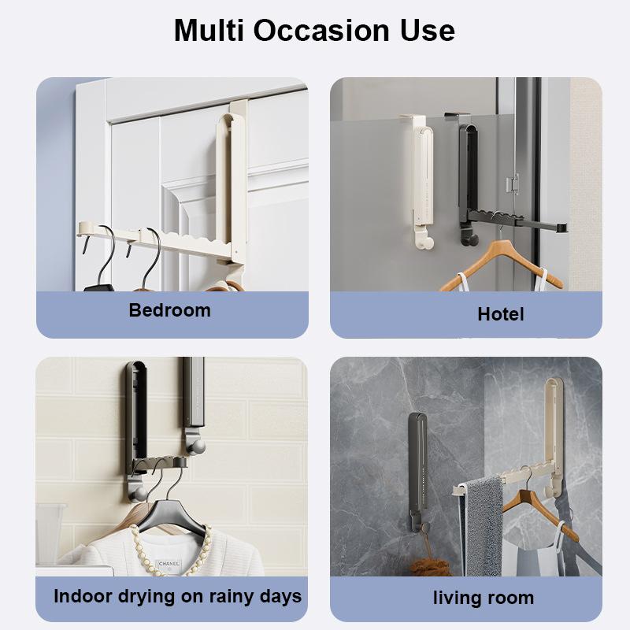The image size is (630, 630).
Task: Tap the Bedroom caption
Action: tap(169, 310)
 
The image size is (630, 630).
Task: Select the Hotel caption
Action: tap(500, 314)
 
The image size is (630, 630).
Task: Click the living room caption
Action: tap(483, 598)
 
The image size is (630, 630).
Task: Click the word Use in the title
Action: tap(426, 30)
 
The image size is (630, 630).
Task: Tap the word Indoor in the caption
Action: tap(81, 596)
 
